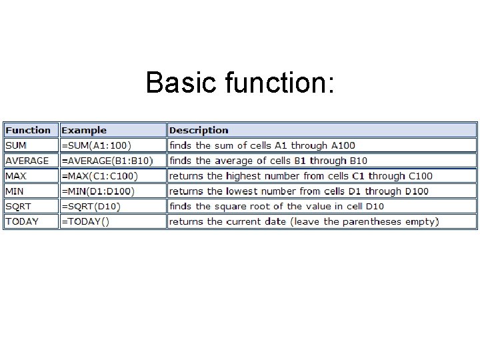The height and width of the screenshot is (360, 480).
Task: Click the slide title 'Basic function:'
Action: click(240, 83)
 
